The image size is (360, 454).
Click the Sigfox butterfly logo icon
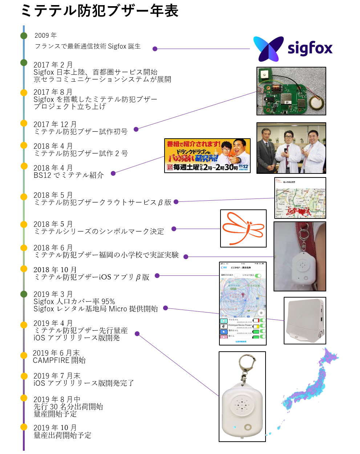pos(268,49)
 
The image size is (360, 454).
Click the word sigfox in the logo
pos(310,49)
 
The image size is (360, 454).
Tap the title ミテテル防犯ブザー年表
pos(100,11)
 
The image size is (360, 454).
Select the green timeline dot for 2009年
pos(24,36)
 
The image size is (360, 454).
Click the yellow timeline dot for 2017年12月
pos(24,123)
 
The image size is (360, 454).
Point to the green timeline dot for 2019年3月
pos(24,294)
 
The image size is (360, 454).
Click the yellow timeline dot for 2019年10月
pos(24,427)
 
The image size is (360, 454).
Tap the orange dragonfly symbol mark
pos(243,229)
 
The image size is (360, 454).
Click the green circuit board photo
pos(291,91)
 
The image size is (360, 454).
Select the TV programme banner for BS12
pos(207,156)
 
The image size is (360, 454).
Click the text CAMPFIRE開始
pos(59,360)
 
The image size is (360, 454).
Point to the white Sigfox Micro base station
pos(304,320)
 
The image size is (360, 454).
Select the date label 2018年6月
pos(53,248)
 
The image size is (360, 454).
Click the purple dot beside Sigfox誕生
pos(155,49)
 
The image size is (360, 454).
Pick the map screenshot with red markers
pos(300,198)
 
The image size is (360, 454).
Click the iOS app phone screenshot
pos(243,303)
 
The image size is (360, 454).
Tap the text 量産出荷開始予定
pos(62,435)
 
